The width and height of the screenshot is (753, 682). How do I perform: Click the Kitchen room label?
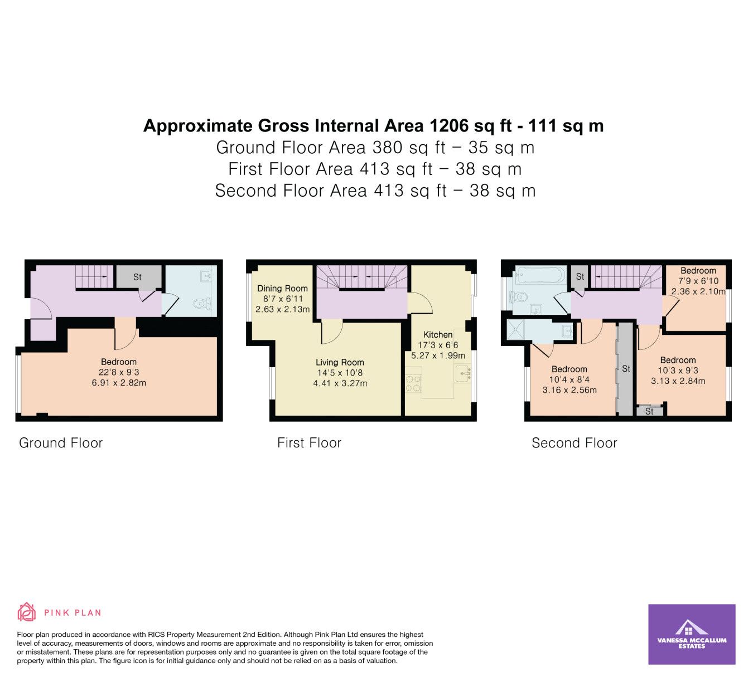click(438, 334)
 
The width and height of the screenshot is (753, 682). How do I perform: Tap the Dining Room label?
click(282, 288)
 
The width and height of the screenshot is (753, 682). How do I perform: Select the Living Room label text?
click(340, 362)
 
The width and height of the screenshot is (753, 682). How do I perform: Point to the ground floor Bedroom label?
click(119, 362)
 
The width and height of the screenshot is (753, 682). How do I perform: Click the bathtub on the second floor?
click(540, 275)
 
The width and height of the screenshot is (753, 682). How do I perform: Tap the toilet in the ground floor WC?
click(202, 303)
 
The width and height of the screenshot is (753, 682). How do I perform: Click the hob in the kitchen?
click(413, 384)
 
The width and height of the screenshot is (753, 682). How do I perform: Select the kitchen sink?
click(463, 373)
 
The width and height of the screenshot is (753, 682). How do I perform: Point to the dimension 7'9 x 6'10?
click(698, 281)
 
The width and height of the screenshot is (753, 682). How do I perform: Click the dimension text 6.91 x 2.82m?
click(119, 383)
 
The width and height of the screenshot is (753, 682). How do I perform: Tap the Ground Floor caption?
click(61, 442)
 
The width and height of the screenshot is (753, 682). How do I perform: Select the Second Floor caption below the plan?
click(575, 442)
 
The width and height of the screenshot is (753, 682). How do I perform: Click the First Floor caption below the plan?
click(310, 442)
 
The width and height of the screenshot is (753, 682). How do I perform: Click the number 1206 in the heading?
click(449, 125)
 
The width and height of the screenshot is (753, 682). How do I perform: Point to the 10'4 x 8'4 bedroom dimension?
click(569, 379)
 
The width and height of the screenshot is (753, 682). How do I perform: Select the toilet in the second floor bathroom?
click(518, 298)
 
